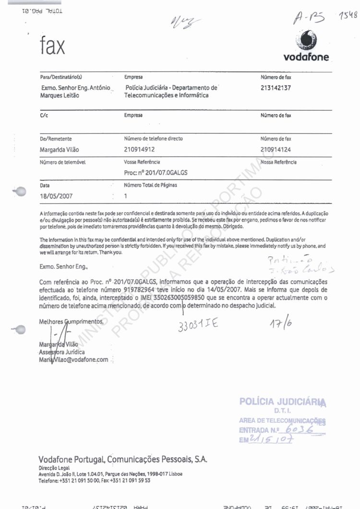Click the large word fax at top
[x=52, y=47]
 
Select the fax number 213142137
[x=276, y=88]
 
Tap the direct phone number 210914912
[x=140, y=149]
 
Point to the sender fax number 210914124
[x=276, y=149]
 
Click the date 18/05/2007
[x=56, y=196]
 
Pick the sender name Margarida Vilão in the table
[x=59, y=150]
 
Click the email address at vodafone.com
[x=73, y=360]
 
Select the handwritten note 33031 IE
[x=197, y=325]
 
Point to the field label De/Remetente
[x=55, y=139]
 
